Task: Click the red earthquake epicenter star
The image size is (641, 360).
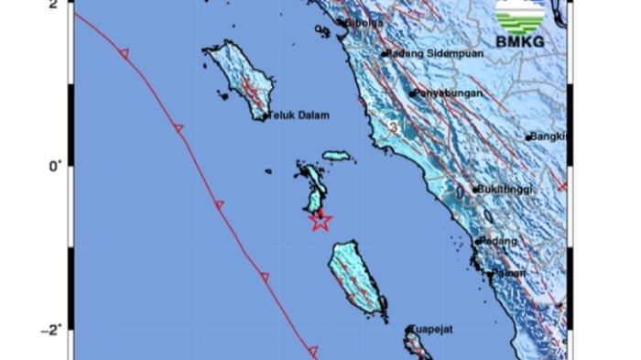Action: click(x=320, y=220)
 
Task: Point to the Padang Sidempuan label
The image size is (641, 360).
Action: click(x=427, y=53)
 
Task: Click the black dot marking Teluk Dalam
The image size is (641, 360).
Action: click(x=266, y=116)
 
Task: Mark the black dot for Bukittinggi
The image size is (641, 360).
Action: click(x=474, y=191)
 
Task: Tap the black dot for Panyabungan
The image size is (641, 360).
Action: click(x=412, y=93)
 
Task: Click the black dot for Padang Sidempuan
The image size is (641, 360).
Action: click(x=385, y=53)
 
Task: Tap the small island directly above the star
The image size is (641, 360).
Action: click(x=314, y=188)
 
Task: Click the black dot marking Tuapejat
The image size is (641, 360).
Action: click(x=409, y=328)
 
